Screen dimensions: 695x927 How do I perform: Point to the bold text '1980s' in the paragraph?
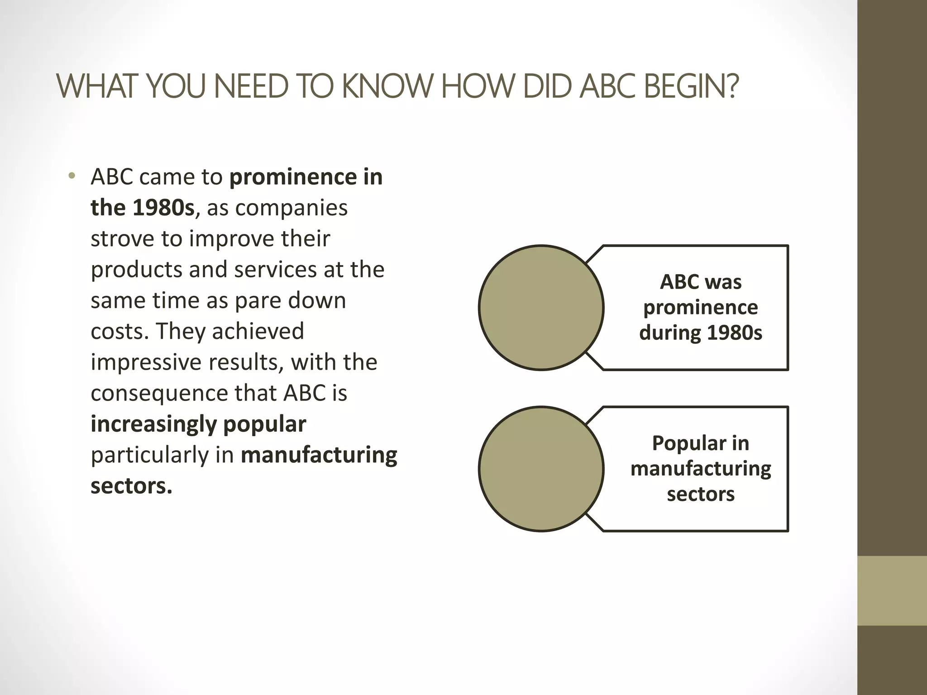[x=163, y=208]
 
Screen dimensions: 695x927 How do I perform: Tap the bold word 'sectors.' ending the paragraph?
[x=131, y=486]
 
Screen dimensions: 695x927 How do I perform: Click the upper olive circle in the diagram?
[x=541, y=308]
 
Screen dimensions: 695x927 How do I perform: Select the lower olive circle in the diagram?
[x=541, y=469]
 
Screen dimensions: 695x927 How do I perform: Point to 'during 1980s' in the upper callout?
[x=700, y=333]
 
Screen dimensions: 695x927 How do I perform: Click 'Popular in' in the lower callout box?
[x=700, y=443]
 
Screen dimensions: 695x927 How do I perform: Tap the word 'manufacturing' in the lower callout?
[x=700, y=468]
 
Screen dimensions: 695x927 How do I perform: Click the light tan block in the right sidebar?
[x=892, y=591]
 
